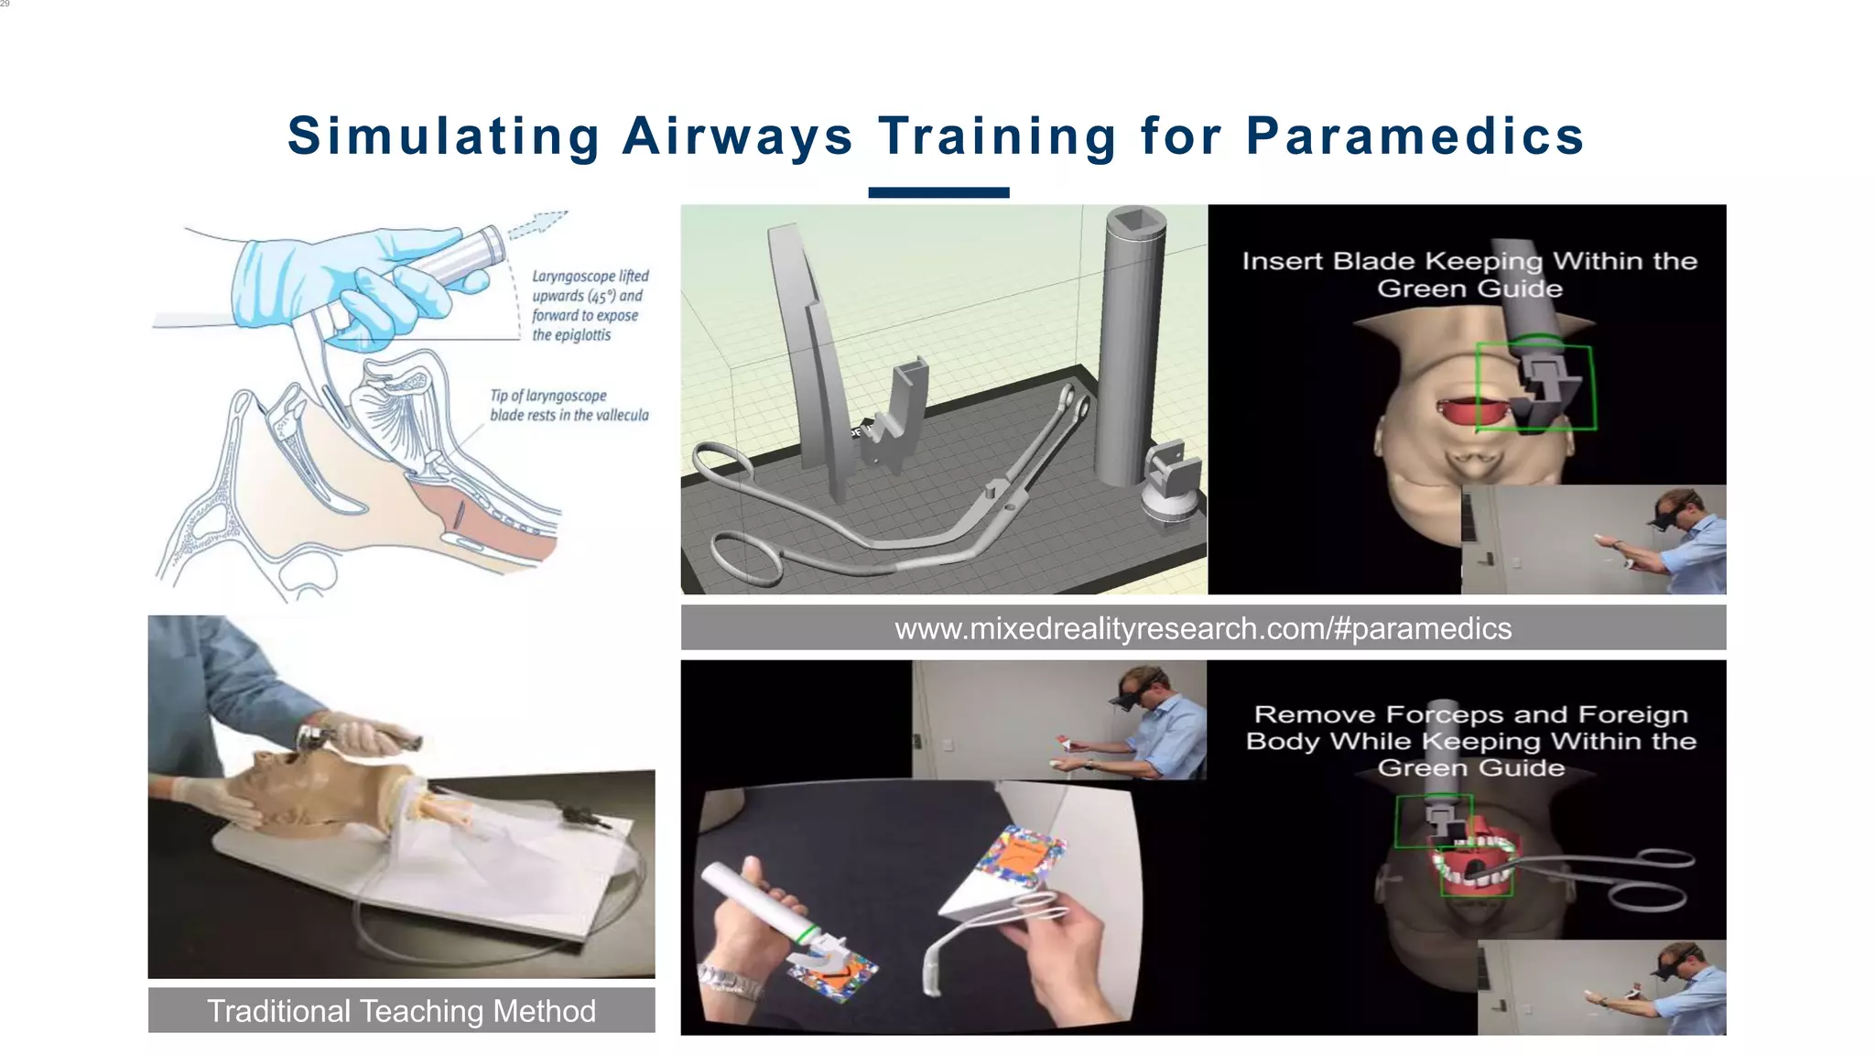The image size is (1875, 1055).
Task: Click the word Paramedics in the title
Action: (x=1414, y=136)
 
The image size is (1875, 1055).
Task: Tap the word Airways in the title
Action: (x=737, y=136)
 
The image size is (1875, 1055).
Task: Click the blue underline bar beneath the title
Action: (x=938, y=192)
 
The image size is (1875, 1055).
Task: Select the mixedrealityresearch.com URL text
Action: (x=1202, y=628)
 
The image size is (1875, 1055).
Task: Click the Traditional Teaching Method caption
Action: (x=401, y=1010)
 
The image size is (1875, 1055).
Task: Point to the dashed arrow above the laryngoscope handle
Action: (x=538, y=223)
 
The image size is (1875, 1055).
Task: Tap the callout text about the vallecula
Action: (x=569, y=406)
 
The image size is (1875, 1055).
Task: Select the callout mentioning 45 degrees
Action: (x=590, y=305)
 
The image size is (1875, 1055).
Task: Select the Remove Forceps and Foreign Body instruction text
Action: (x=1470, y=740)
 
